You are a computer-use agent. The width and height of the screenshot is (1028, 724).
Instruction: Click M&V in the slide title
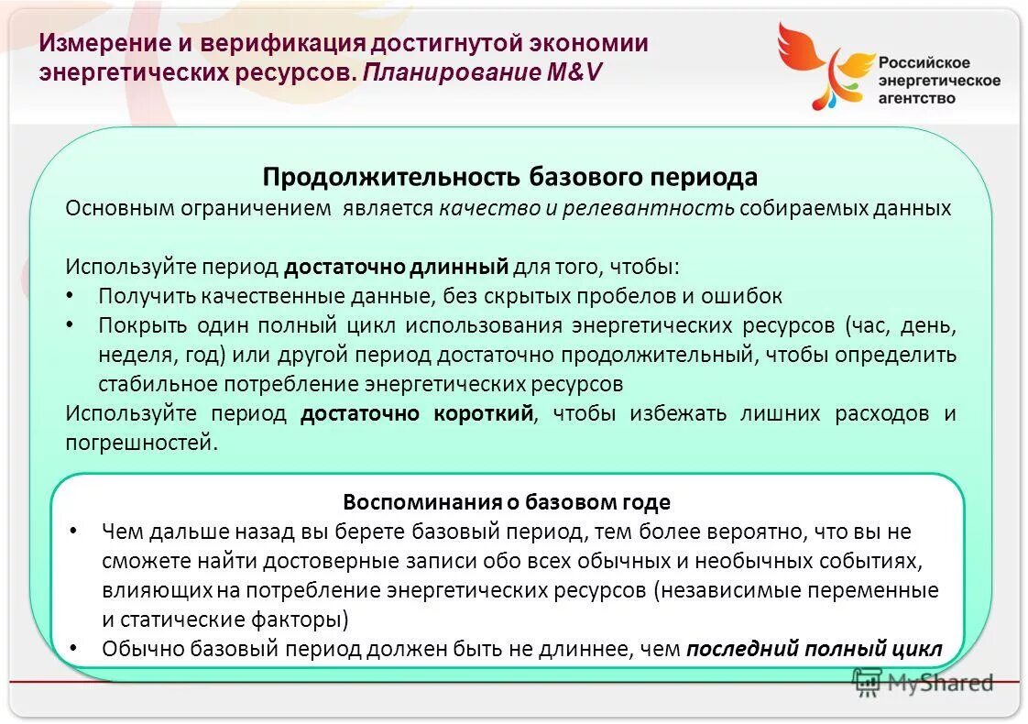(x=574, y=72)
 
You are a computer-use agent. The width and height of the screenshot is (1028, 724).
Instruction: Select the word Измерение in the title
(x=98, y=44)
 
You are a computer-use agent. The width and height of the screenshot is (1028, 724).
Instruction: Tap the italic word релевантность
(x=648, y=208)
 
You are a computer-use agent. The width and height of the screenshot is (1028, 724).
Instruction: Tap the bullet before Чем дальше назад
(x=73, y=532)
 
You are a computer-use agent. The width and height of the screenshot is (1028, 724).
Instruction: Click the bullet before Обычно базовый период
(x=73, y=649)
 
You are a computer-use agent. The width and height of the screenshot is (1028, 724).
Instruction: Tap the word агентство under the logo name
(x=916, y=97)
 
